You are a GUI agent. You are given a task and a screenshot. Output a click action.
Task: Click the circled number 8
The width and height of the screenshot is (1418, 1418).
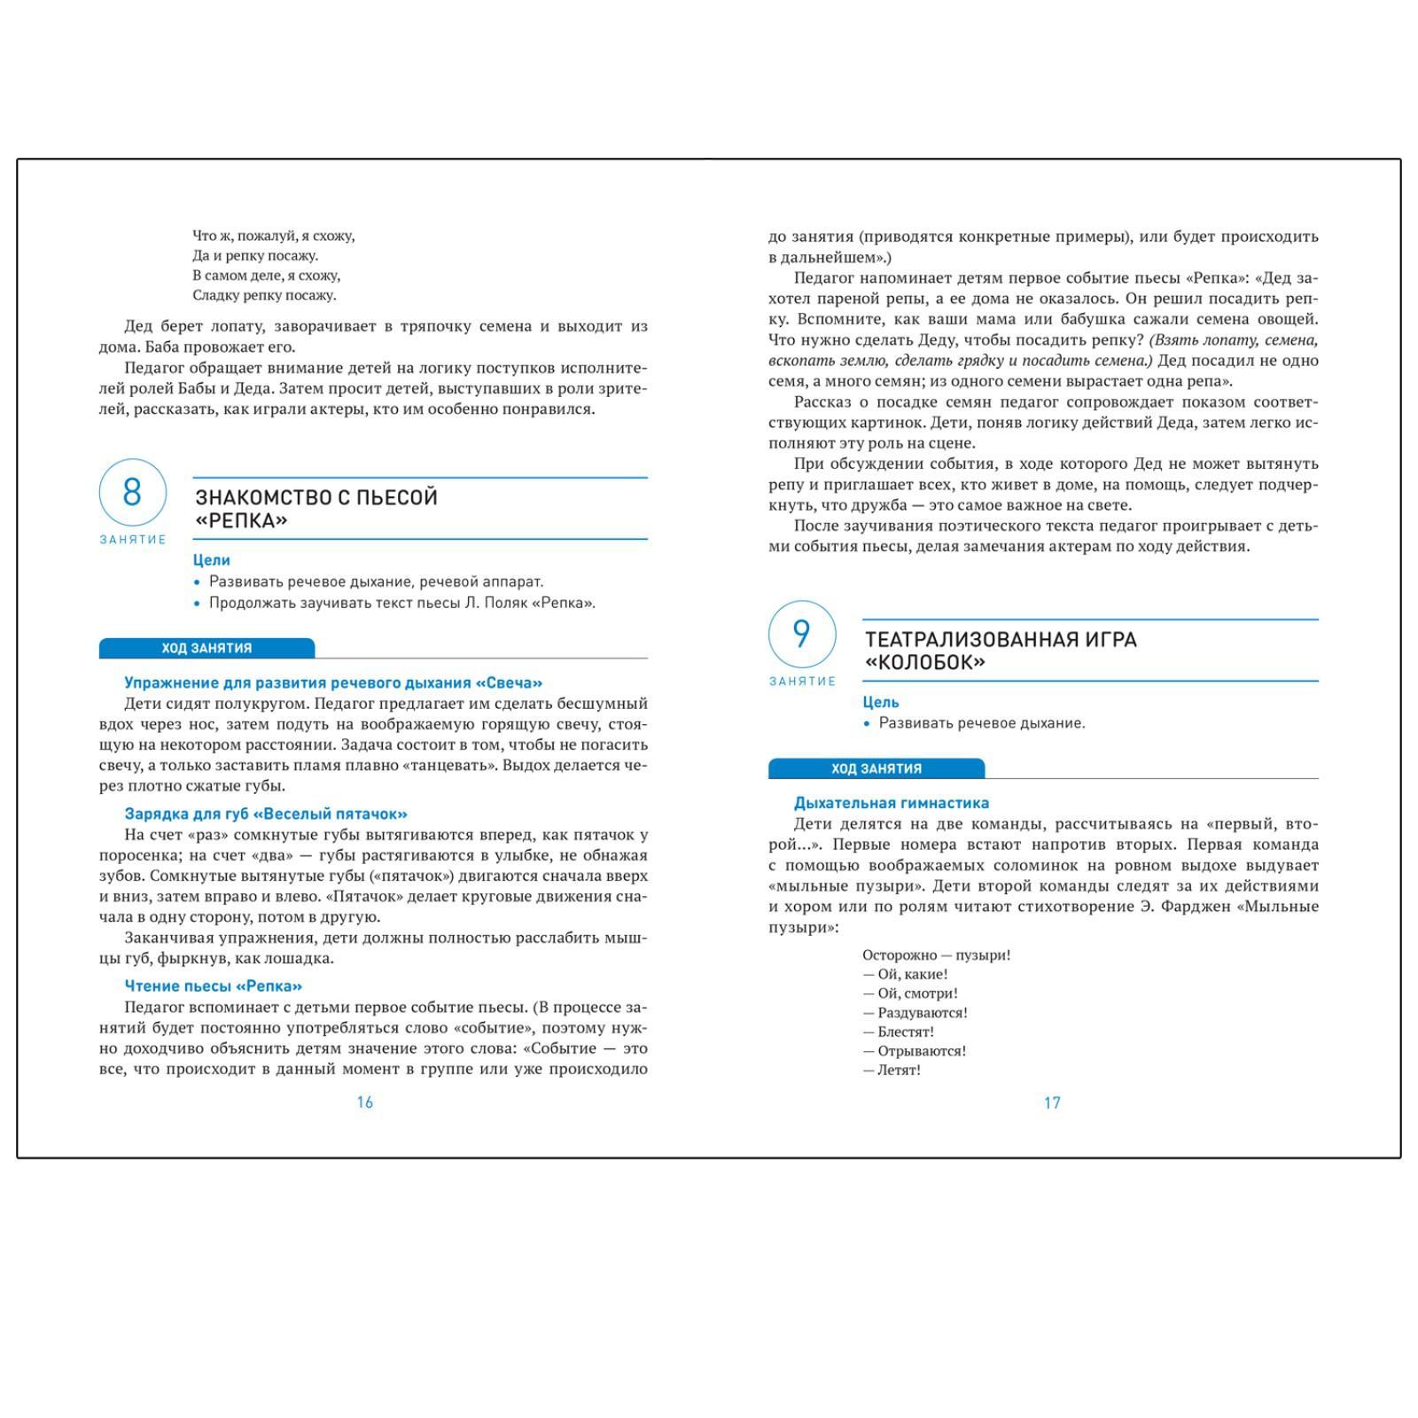pyautogui.click(x=132, y=492)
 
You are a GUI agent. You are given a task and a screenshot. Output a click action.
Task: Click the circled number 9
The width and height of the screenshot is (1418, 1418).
pyautogui.click(x=801, y=634)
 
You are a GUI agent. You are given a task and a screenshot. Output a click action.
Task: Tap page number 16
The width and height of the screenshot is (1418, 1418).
pyautogui.click(x=365, y=1102)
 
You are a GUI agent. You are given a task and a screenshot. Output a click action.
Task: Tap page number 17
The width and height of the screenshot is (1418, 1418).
pyautogui.click(x=1052, y=1102)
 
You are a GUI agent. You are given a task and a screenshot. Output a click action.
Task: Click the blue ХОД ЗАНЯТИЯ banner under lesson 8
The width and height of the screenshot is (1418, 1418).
pyautogui.click(x=206, y=648)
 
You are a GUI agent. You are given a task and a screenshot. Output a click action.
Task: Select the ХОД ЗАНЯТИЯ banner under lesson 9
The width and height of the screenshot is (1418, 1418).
pyautogui.click(x=876, y=768)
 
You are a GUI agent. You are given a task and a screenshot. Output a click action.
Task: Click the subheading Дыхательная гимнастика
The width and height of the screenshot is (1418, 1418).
pyautogui.click(x=891, y=803)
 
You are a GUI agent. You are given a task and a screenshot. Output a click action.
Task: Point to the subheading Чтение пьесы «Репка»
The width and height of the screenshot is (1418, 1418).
pyautogui.click(x=213, y=986)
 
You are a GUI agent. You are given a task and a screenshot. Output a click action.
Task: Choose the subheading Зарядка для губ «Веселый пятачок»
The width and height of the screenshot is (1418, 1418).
pyautogui.click(x=266, y=814)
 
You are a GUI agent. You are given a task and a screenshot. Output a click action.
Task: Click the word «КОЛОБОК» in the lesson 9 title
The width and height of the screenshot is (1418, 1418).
pyautogui.click(x=924, y=663)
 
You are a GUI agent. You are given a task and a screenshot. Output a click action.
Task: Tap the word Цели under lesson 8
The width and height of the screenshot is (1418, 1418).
pyautogui.click(x=211, y=560)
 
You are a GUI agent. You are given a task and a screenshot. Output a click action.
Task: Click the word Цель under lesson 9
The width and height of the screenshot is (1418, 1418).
pyautogui.click(x=881, y=702)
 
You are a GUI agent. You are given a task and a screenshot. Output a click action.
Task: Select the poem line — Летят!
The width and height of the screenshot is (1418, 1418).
pyautogui.click(x=892, y=1070)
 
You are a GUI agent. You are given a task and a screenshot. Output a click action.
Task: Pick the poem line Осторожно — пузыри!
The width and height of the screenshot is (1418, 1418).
pyautogui.click(x=936, y=954)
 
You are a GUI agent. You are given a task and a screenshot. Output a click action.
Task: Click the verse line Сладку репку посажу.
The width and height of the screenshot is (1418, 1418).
pyautogui.click(x=264, y=295)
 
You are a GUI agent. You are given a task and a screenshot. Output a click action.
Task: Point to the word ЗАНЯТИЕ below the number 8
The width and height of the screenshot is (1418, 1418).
pyautogui.click(x=133, y=540)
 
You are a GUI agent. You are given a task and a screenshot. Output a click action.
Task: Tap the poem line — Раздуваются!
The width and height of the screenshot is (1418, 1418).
pyautogui.click(x=915, y=1012)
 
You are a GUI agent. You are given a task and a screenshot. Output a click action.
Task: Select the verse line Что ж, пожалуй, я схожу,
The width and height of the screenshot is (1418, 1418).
pyautogui.click(x=273, y=236)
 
